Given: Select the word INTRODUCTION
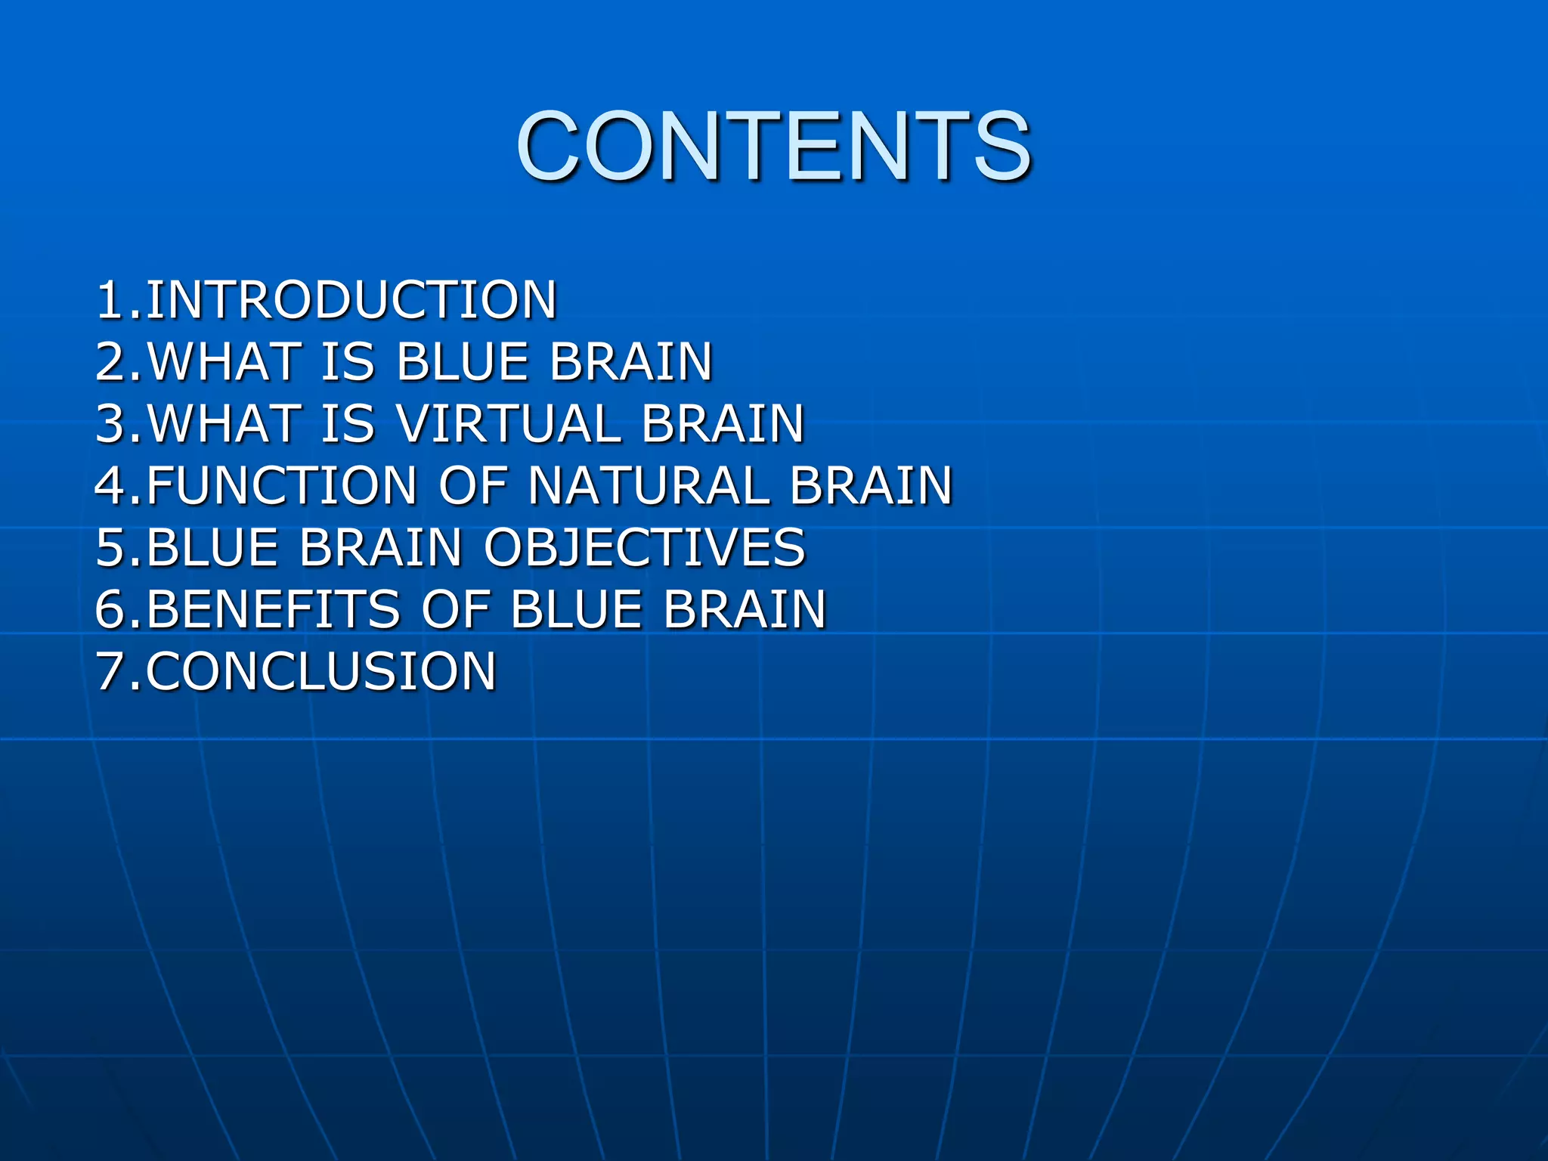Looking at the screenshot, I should coord(351,300).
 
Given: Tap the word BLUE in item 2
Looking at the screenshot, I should coord(461,362).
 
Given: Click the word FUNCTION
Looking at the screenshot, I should coord(281,485).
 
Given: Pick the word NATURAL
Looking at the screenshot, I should coord(649,485).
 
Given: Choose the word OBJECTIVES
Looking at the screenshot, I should coord(644,548).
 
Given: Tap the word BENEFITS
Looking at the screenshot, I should coord(272,609).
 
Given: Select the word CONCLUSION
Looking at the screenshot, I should coord(320,671).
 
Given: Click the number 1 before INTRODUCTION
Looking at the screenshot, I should coord(110,300).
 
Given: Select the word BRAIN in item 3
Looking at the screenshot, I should coord(723,424).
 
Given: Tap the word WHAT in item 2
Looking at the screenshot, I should coord(224,362).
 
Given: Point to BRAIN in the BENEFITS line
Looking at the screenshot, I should coord(745,609).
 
